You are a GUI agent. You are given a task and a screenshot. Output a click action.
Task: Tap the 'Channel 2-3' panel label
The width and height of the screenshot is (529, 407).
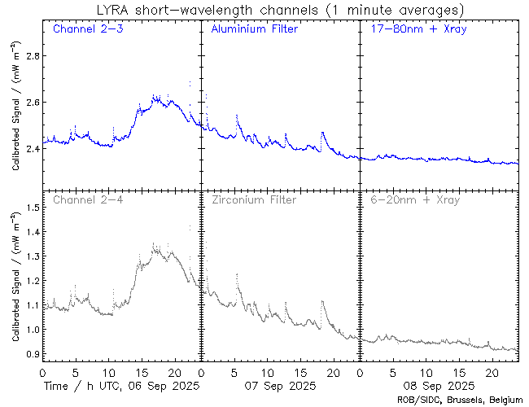coord(82,29)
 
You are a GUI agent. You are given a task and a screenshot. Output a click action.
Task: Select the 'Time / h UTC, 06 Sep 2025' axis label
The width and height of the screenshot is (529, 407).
coord(121,384)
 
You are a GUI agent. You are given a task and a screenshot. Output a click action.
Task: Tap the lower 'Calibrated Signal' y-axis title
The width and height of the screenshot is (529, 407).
coord(15,277)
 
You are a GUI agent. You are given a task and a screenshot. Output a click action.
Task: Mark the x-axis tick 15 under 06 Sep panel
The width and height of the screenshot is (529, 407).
coord(141,371)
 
